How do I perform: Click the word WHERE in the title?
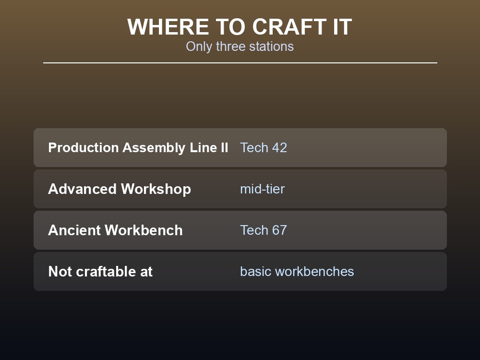tap(168, 27)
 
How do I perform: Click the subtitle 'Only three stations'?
tap(240, 47)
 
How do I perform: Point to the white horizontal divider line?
tap(240, 63)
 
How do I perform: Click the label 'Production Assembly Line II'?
tap(138, 147)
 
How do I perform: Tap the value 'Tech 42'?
tap(264, 147)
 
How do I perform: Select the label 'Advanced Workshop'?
tap(120, 189)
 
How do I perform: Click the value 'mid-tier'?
tap(263, 189)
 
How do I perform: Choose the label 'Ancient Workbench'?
tap(115, 230)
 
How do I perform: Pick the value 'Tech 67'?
tap(264, 230)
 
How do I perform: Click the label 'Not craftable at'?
tap(100, 272)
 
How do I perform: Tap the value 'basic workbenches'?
tap(297, 272)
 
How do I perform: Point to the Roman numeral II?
tap(224, 147)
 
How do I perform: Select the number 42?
tap(279, 147)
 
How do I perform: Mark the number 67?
tap(279, 230)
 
